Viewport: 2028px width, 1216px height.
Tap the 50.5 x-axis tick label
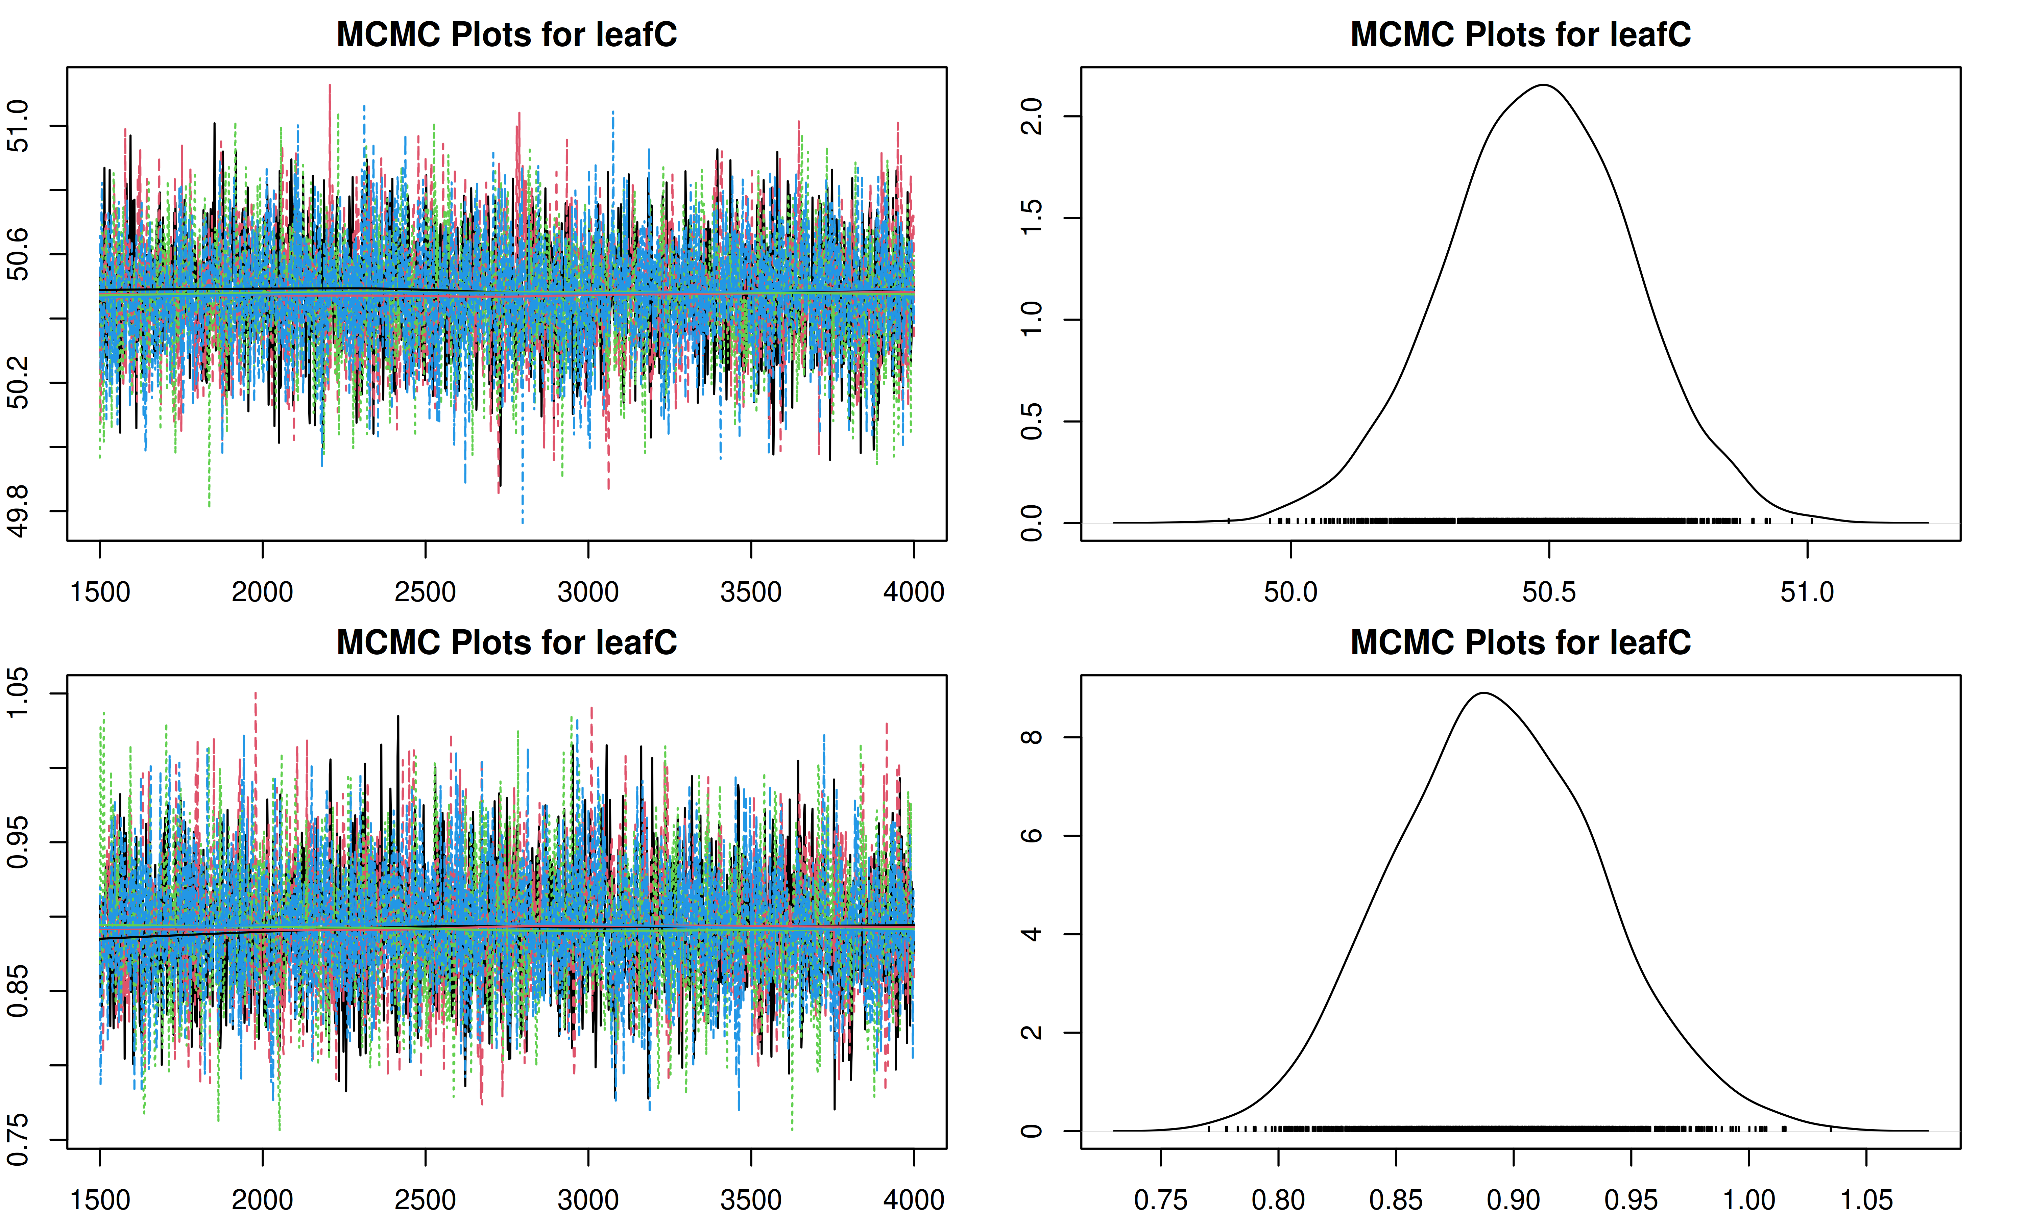[1548, 591]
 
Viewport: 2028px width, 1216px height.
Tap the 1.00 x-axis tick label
[1748, 1199]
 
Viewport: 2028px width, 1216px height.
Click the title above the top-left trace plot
[507, 34]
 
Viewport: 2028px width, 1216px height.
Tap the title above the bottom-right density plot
[1521, 642]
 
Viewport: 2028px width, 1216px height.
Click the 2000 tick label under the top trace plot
[262, 591]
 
